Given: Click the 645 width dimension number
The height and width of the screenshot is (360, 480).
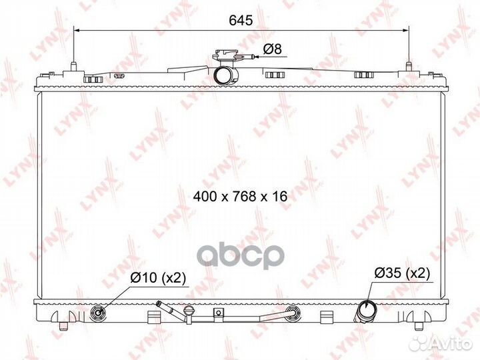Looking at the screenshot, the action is pos(241,21).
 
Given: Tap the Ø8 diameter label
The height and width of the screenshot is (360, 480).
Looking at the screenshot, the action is pos(272,49).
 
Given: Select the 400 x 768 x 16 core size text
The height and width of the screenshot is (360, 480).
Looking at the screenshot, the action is pos(240,196).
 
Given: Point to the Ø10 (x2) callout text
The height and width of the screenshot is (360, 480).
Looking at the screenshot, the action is pos(158,277).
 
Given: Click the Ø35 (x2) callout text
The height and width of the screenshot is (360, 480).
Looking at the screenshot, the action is pos(402,273).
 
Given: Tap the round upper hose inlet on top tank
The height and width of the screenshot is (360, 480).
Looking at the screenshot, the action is pos(226,75).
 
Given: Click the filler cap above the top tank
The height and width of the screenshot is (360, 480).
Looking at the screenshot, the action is pos(225,56).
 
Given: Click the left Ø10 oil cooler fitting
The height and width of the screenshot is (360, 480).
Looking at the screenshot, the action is pos(98,313).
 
